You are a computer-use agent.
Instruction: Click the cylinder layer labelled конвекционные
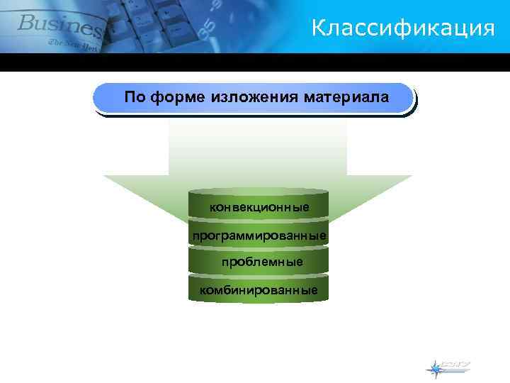259,207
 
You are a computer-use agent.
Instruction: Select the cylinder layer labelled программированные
259,235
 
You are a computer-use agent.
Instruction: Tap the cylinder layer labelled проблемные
259,262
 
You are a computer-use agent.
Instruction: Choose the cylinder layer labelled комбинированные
259,289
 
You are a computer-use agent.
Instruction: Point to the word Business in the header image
60,25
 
